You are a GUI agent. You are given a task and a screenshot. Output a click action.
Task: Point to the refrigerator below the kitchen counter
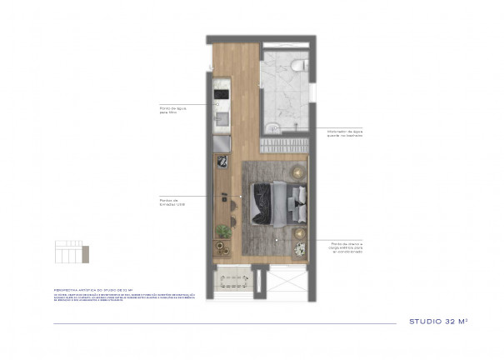[222, 143]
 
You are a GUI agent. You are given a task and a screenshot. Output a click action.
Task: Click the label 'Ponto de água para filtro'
[171, 109]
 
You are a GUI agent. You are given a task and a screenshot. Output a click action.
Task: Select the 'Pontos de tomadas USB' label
[172, 202]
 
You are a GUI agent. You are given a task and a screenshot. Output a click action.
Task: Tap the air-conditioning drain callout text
[345, 246]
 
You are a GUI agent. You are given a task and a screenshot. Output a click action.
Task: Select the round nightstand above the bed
[297, 171]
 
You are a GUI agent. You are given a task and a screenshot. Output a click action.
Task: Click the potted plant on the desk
[222, 231]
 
